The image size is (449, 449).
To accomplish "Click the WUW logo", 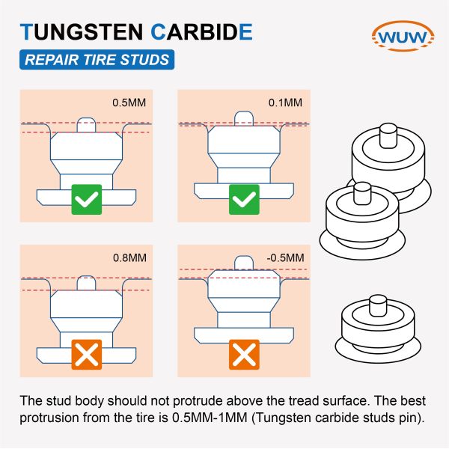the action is click(x=403, y=36).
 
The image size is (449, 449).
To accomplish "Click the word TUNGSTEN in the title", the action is click(x=82, y=32).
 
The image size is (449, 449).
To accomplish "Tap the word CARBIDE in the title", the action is click(x=201, y=32).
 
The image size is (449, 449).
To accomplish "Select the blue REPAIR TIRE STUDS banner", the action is click(x=97, y=60).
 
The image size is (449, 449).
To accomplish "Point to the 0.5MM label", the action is click(x=129, y=103).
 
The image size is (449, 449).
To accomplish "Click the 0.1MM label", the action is click(x=285, y=103).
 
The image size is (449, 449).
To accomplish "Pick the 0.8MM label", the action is click(x=129, y=257).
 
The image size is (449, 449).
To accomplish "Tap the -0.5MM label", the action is click(x=285, y=257).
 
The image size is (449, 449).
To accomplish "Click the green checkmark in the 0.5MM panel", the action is click(x=87, y=199).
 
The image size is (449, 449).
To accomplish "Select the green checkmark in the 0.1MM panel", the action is click(x=244, y=199).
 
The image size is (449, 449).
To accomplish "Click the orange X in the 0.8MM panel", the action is click(x=87, y=355).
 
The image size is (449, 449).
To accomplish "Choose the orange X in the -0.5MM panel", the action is click(x=244, y=355).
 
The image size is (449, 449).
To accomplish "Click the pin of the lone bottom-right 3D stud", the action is click(x=378, y=305).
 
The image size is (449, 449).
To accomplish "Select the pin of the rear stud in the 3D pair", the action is click(x=388, y=135).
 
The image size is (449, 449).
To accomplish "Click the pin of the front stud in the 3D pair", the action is click(x=362, y=193).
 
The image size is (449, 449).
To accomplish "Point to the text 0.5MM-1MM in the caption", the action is click(x=210, y=418).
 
